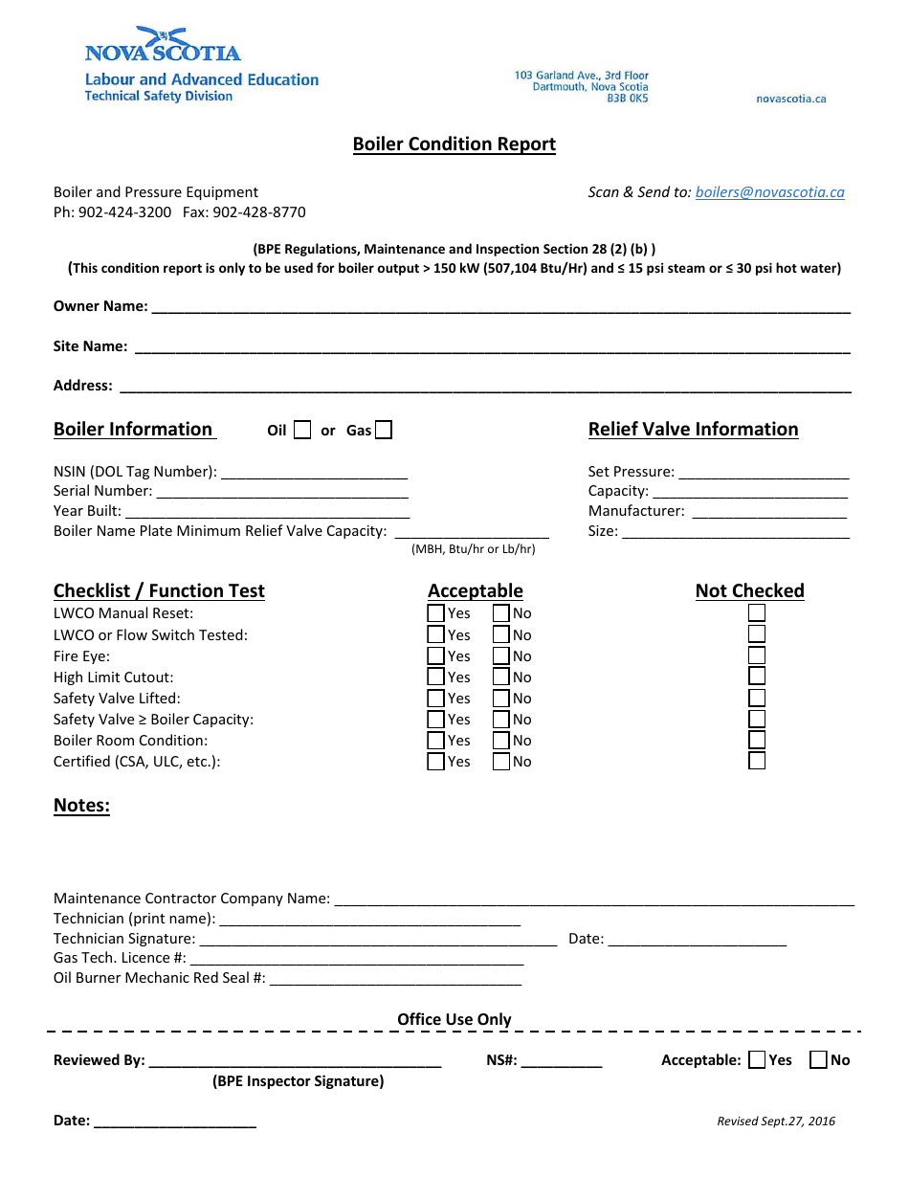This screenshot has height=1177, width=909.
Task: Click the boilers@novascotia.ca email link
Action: (x=769, y=192)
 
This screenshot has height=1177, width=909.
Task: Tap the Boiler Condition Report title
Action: (x=454, y=144)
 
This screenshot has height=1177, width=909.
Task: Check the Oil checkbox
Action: (x=302, y=431)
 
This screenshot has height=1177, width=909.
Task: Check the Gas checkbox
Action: (x=383, y=431)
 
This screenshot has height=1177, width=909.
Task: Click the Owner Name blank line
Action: (x=500, y=308)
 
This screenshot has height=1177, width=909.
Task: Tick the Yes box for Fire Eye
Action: (x=435, y=656)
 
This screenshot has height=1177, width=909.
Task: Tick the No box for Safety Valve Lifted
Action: (x=501, y=699)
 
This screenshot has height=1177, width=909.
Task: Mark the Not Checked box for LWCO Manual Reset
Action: (x=757, y=613)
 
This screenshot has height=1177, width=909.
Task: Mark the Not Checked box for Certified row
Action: (x=757, y=762)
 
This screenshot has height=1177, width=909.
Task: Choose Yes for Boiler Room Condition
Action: (x=435, y=741)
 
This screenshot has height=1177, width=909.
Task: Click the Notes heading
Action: (x=81, y=806)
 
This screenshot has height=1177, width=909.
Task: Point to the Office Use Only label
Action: (x=454, y=1020)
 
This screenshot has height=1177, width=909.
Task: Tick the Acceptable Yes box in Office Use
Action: (x=757, y=1059)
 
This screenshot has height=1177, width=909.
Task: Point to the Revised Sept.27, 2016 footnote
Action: (x=776, y=1121)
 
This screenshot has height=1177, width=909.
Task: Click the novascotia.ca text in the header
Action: (x=790, y=99)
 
